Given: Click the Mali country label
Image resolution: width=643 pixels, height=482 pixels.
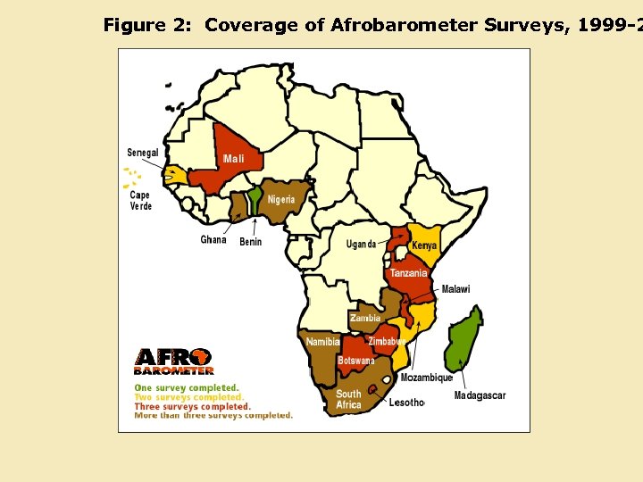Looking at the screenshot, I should coord(233,158).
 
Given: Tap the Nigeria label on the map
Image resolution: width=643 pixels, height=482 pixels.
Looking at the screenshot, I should coord(281,199).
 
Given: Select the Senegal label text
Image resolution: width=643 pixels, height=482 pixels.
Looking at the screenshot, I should coord(143,153).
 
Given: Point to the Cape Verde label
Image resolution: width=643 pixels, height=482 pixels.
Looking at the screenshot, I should coord(141,201).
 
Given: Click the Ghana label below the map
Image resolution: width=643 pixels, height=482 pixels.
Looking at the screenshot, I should coord(213,239).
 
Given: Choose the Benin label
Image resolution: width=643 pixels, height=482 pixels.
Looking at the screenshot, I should coord(251,242).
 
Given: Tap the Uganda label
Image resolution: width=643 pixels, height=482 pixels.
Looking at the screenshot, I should coord(362,245).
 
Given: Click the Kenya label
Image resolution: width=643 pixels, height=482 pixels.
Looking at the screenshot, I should coord(424,245).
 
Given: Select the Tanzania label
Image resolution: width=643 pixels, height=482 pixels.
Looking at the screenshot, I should coord(408,273).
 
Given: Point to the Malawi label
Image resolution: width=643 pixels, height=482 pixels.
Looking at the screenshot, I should coord(455,289).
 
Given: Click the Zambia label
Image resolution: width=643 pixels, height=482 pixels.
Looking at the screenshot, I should coord(365,318).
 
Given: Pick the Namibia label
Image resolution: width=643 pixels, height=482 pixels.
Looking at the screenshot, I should coord(322,342).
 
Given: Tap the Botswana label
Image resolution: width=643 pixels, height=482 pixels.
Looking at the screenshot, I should coord(356,361).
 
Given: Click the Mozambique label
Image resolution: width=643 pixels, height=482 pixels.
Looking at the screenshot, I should coord(427,378).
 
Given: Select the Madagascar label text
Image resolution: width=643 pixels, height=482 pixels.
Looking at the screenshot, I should coord(480,395).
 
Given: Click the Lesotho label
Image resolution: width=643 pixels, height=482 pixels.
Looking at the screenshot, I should coord(406,403).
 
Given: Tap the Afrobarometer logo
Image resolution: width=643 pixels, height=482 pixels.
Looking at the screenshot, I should coord(174,361).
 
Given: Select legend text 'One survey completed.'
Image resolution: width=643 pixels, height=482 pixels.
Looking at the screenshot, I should coord(187,388).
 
